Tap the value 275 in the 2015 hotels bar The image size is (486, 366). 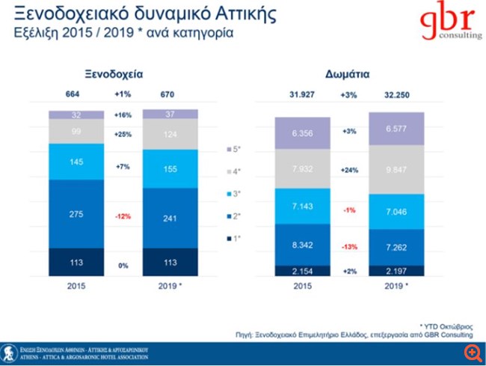click(x=77, y=215)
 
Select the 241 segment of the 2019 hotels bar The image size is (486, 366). click(x=170, y=220)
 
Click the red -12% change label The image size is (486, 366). click(x=123, y=216)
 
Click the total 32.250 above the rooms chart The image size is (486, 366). click(x=398, y=95)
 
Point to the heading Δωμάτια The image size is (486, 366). click(x=351, y=74)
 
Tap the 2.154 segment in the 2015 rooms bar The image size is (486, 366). click(x=304, y=270)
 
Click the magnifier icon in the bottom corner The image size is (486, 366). click(x=473, y=352)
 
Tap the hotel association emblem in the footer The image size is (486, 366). click(x=10, y=352)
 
